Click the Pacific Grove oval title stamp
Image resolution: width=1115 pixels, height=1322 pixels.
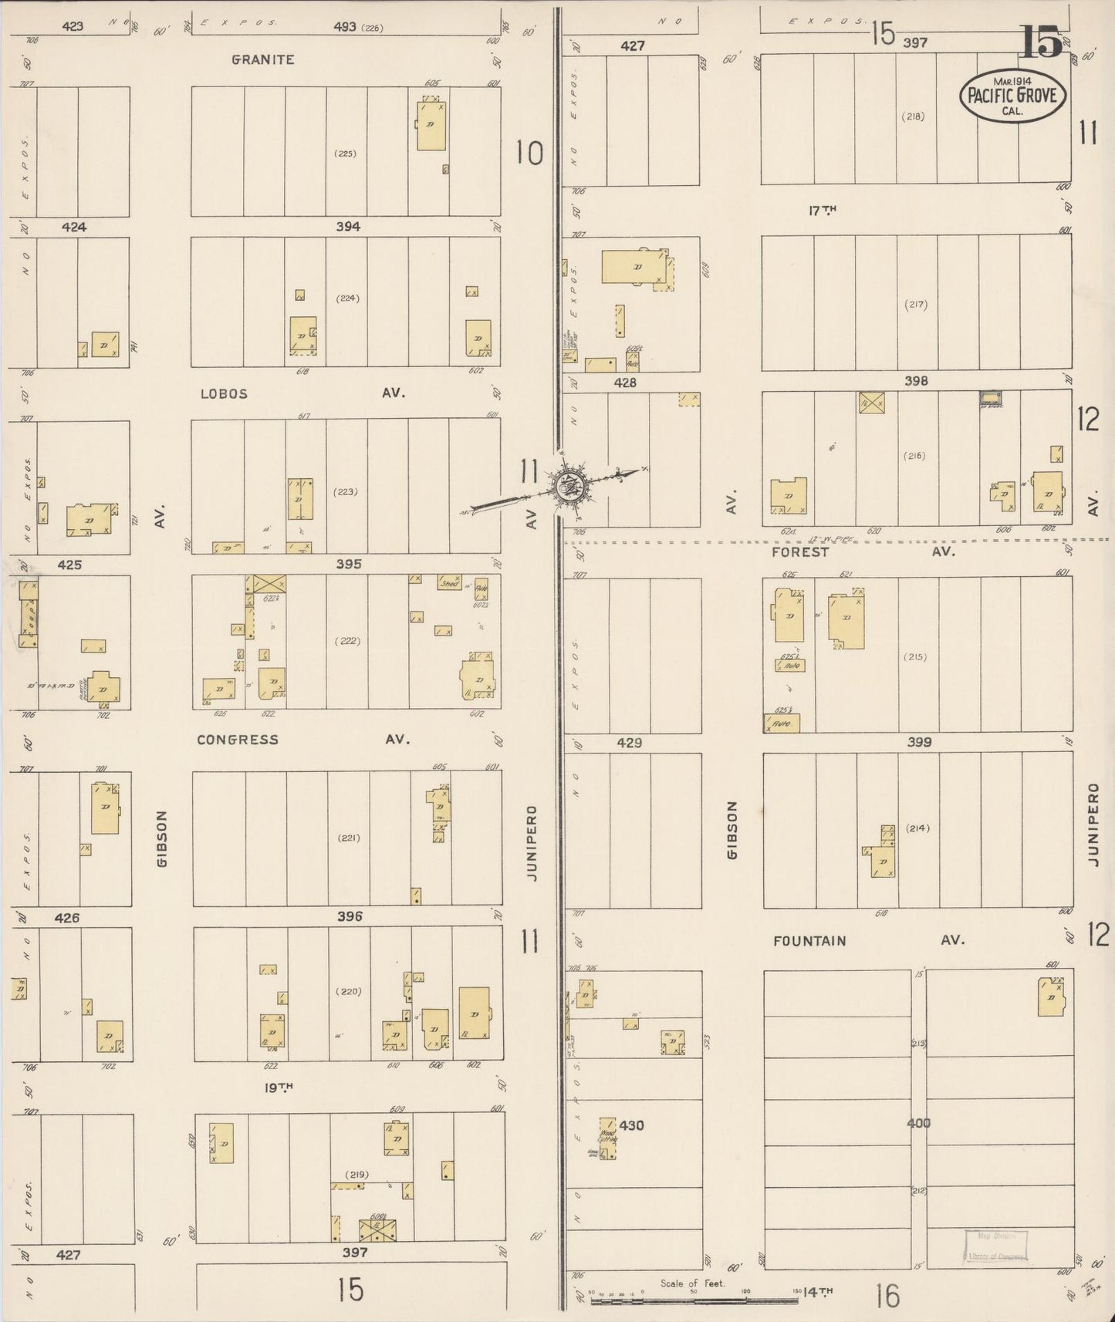pos(1013,96)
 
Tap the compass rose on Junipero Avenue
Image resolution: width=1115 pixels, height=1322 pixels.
pos(569,487)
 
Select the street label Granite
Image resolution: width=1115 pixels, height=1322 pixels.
pos(263,59)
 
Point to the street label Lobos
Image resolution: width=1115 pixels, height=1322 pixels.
pos(224,393)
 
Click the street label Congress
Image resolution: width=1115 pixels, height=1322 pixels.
pos(237,740)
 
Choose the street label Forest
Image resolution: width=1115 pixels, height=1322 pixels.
pos(800,552)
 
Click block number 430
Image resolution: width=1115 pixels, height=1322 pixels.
pos(631,1125)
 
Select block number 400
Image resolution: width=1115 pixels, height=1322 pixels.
pos(918,1123)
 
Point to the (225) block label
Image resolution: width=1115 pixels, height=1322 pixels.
pos(345,153)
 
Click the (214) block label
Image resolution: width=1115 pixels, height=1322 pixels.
pos(918,828)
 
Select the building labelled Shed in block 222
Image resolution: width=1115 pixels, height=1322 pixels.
pos(449,583)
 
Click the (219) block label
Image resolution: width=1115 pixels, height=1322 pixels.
pos(356,1175)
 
